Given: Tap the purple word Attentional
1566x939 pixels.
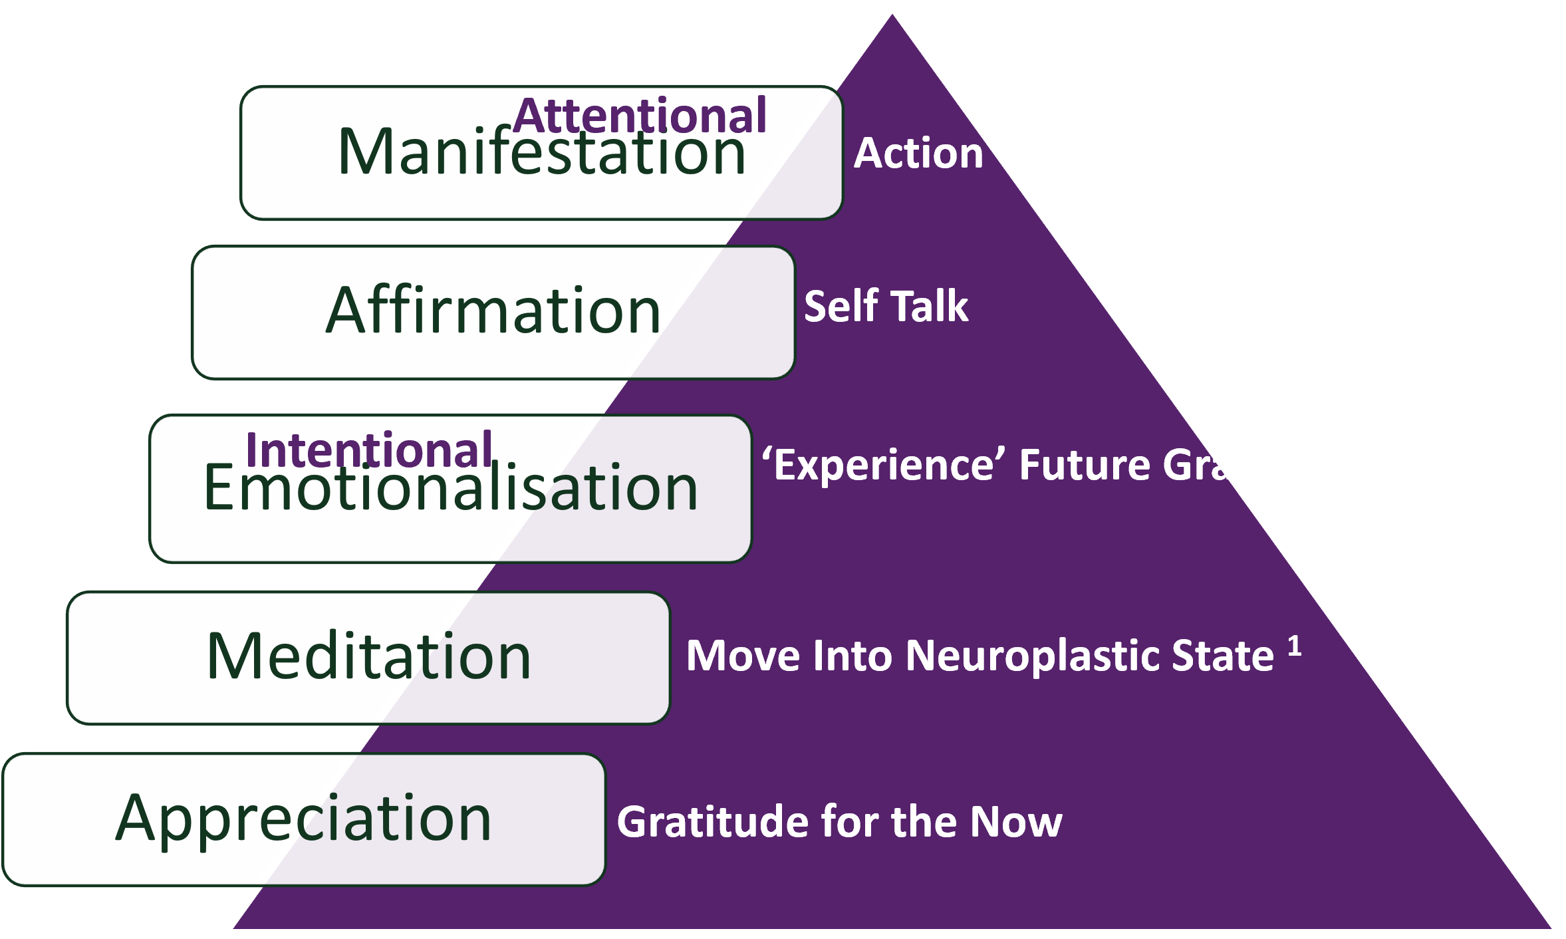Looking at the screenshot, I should click(x=640, y=115).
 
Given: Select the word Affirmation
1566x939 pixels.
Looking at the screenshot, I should click(x=493, y=311).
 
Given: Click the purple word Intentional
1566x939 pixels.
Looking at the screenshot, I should click(x=369, y=450).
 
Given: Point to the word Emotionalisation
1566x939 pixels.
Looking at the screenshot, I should click(x=450, y=489).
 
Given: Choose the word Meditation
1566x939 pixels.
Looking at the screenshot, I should click(x=369, y=657).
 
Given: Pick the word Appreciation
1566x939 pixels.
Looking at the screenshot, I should click(x=303, y=819).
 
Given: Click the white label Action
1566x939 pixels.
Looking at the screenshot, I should click(x=918, y=154).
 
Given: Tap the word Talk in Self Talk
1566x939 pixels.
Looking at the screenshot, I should click(x=929, y=307).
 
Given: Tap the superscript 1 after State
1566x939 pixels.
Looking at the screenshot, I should click(x=1294, y=646).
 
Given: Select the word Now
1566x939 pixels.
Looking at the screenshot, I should click(x=1015, y=822).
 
